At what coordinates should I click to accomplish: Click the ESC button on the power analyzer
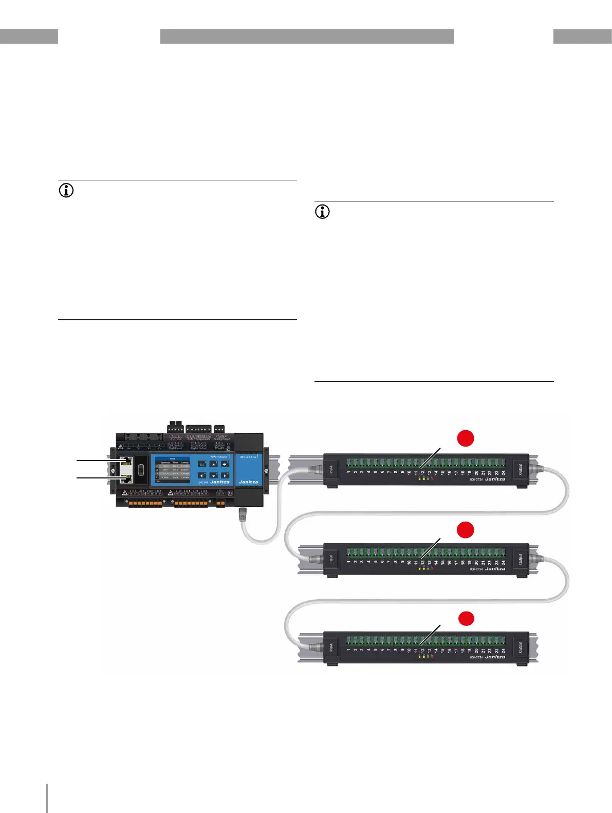click(202, 465)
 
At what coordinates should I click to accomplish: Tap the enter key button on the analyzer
click(225, 464)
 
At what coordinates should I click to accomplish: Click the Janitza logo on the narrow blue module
click(249, 482)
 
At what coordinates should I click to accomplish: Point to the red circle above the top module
click(466, 438)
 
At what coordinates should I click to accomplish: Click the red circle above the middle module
click(466, 530)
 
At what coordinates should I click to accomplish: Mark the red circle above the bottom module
click(466, 618)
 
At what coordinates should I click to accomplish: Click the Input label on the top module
click(331, 469)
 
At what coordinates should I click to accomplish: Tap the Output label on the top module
click(521, 469)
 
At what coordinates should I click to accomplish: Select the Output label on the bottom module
click(521, 647)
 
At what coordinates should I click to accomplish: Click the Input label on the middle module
click(331, 559)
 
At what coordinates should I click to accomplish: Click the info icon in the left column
click(66, 191)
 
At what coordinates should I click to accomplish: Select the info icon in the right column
click(322, 212)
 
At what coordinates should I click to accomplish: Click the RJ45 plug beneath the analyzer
click(243, 514)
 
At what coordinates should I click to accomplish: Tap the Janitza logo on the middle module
click(495, 569)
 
